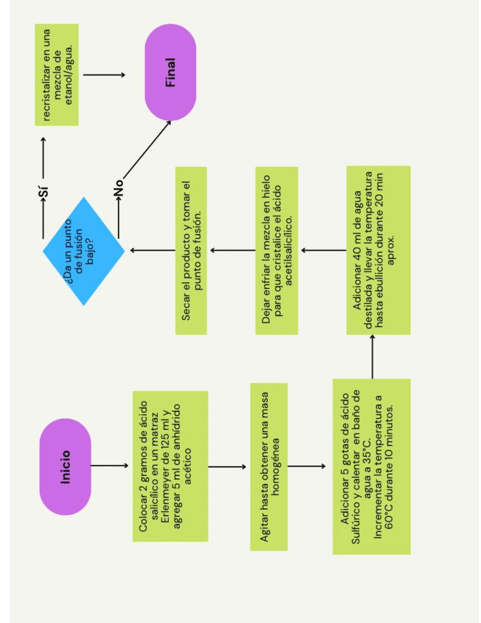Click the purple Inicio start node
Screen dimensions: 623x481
[x=65, y=466]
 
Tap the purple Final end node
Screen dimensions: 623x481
[x=170, y=72]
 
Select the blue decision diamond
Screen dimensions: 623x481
[x=83, y=251]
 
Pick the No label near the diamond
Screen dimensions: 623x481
[x=118, y=187]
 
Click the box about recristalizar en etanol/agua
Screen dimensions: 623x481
[x=57, y=74]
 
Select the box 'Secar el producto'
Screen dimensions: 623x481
[x=191, y=251]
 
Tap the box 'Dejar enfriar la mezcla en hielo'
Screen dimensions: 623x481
[x=277, y=251]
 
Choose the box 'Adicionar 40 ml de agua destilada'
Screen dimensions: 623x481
[x=378, y=251]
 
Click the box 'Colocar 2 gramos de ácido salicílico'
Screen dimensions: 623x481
[x=170, y=466]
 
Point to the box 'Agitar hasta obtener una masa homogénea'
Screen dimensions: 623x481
[x=269, y=466]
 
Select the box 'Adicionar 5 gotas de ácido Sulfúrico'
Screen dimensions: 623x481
[x=371, y=466]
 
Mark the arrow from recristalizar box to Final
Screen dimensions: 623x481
[x=104, y=75]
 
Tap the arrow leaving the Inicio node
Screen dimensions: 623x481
[x=109, y=466]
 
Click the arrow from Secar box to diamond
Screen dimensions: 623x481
[x=153, y=250]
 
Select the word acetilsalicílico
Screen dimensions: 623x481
[x=289, y=251]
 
